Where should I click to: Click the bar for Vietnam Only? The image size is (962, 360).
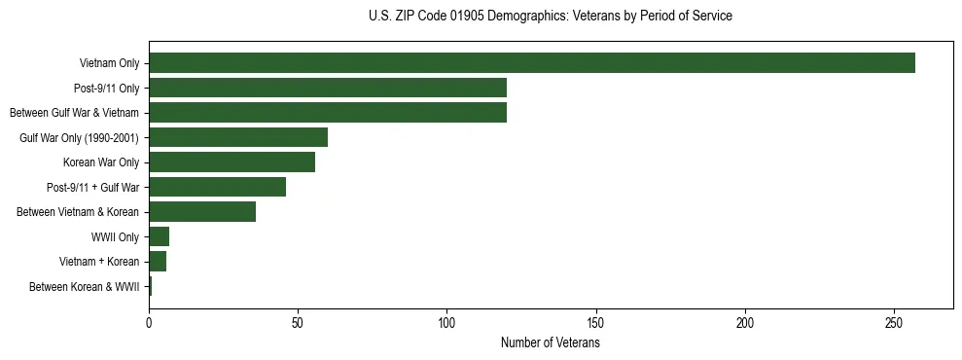tap(532, 63)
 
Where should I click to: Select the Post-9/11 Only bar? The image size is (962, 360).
tap(328, 88)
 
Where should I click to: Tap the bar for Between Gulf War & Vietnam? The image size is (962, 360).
tap(328, 113)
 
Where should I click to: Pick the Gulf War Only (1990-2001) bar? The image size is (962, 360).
tap(238, 137)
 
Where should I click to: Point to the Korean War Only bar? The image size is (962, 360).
tap(232, 162)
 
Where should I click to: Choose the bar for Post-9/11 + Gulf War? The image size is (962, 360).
tap(217, 187)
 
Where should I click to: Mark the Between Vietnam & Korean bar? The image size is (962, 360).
tap(202, 212)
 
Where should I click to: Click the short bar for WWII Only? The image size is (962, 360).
tap(160, 236)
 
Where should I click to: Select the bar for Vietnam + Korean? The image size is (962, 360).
tap(158, 262)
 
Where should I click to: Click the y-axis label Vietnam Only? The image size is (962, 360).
tap(109, 64)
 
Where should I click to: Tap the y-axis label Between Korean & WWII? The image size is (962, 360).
tap(84, 287)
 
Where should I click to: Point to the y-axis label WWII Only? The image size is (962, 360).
tap(115, 237)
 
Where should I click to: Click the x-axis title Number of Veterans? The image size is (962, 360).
tap(550, 343)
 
